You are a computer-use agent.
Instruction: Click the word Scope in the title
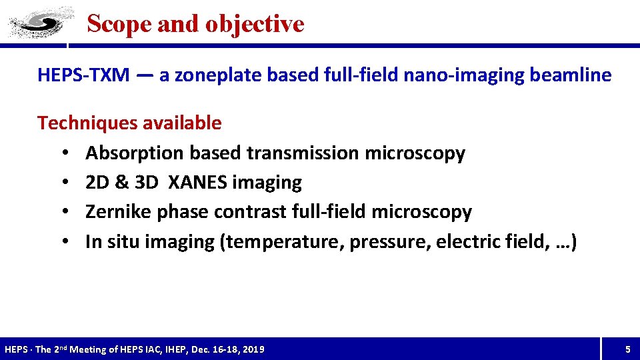[x=111, y=24]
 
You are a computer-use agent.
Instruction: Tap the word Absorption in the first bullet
[x=135, y=153]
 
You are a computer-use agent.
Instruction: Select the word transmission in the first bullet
[x=303, y=153]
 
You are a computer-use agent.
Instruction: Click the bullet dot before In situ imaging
[x=61, y=242]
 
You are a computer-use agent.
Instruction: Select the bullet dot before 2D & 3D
[x=61, y=183]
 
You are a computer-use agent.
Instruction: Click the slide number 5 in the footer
[x=627, y=349]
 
